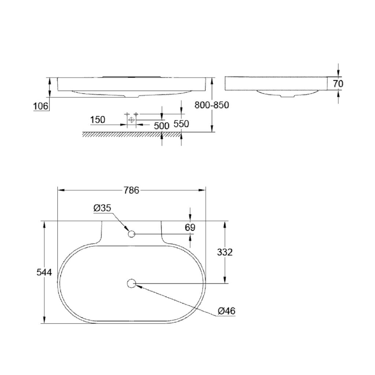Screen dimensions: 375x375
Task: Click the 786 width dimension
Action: [x=131, y=190]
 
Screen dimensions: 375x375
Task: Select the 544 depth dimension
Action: [x=44, y=272]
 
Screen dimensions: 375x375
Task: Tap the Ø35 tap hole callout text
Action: [x=103, y=208]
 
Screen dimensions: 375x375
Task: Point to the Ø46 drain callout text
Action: [x=226, y=311]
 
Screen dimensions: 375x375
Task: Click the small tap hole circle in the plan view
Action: [x=131, y=234]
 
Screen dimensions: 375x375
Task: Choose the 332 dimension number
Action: [x=224, y=252]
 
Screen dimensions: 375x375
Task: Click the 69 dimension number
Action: [x=190, y=227]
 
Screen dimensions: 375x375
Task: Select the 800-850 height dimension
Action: [x=212, y=105]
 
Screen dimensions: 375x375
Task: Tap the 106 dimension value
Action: [x=41, y=106]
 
